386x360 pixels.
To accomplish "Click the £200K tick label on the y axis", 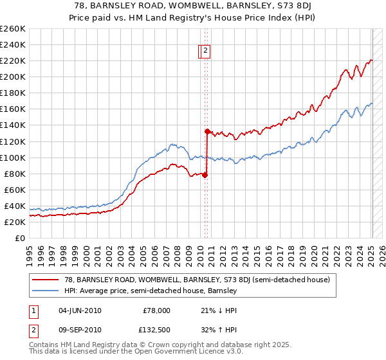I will [x=13, y=76].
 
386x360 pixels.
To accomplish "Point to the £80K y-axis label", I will [x=14, y=174].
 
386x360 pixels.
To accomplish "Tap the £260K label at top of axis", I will [x=13, y=29].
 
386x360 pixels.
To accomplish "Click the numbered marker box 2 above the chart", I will [x=205, y=51].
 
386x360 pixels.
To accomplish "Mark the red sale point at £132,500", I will [x=207, y=131].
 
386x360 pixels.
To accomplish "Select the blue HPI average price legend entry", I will [x=151, y=291].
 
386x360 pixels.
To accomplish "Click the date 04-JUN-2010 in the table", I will [x=80, y=310].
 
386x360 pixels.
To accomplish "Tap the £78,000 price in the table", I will [x=155, y=310].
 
